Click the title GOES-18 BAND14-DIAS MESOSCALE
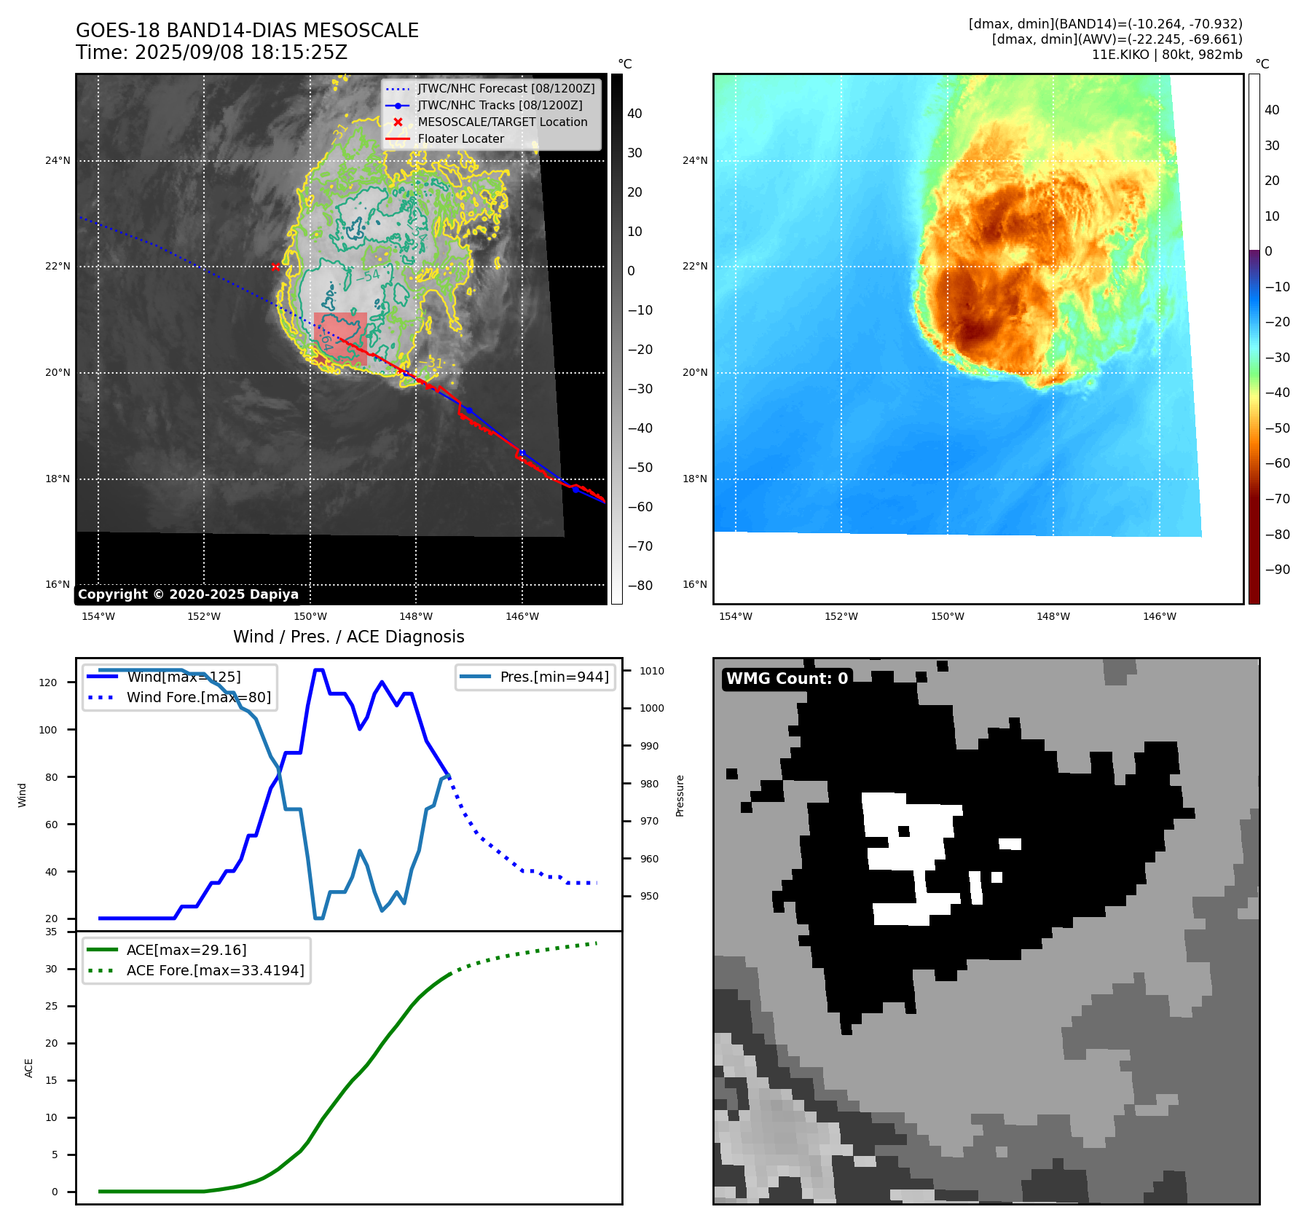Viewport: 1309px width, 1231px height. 247,31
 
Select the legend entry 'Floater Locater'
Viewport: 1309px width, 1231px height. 460,139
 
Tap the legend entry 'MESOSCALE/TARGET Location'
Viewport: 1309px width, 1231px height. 502,122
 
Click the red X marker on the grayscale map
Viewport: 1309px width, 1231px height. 275,267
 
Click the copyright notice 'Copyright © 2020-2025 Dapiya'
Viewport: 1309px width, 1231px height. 188,594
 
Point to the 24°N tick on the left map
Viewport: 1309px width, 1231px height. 58,161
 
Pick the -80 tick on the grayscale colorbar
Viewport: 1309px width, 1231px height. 640,586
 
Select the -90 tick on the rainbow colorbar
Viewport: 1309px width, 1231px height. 1277,570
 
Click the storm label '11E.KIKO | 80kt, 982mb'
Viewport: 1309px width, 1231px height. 1167,55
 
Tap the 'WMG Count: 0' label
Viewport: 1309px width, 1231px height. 787,679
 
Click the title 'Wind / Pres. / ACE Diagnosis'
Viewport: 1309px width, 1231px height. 348,637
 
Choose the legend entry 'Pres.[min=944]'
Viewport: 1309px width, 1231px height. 554,677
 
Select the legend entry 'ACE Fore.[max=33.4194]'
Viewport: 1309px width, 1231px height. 215,971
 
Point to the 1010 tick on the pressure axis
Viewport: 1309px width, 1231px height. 652,671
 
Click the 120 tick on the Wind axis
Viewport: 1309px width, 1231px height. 47,683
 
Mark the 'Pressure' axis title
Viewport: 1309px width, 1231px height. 680,795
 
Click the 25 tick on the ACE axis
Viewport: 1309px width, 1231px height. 51,1006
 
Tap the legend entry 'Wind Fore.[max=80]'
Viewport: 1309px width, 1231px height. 198,698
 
